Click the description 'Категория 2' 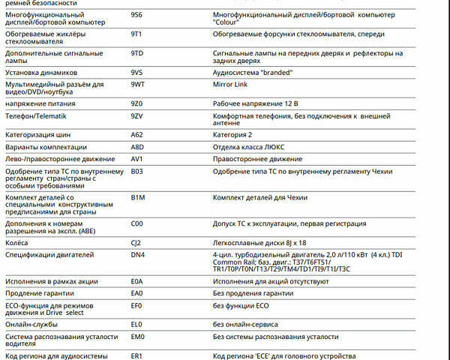[x=235, y=134]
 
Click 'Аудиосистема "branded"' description [x=253, y=73]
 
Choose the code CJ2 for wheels [x=136, y=243]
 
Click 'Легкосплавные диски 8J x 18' [x=259, y=243]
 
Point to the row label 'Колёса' [x=16, y=243]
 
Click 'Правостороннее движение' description [x=257, y=159]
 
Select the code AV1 [x=136, y=159]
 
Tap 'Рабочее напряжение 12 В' [x=256, y=103]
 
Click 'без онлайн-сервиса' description [x=245, y=325]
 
